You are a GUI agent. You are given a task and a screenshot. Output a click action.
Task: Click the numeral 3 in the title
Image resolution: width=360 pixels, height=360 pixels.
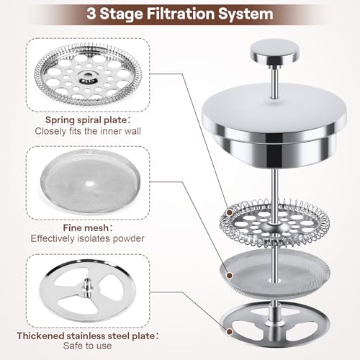point(91,14)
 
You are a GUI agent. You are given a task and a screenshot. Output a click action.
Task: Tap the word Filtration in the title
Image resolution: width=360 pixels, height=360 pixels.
point(180,14)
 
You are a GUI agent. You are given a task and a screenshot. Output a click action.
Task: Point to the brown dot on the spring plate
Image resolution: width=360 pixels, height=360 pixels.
point(230,212)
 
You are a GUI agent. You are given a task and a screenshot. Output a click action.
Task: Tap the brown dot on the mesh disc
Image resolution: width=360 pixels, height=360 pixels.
point(230,275)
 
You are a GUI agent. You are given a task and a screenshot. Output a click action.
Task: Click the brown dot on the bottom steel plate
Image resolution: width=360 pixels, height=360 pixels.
point(230,332)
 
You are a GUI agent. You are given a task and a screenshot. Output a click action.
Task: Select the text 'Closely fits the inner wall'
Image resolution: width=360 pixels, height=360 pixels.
point(88,131)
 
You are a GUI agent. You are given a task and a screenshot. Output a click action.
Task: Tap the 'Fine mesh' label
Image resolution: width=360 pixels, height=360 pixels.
point(87,228)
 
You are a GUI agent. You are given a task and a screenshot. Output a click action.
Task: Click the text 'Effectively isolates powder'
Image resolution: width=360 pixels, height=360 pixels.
point(87,238)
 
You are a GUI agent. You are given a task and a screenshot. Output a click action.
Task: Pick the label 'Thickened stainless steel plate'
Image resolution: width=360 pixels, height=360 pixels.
point(87,336)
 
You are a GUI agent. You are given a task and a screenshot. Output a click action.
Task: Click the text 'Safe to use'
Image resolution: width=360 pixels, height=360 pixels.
point(87,346)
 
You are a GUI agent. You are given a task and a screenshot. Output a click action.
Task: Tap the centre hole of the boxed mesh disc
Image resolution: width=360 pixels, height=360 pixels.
point(90,184)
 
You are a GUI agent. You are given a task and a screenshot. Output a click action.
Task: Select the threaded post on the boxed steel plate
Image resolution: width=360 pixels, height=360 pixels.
point(87,286)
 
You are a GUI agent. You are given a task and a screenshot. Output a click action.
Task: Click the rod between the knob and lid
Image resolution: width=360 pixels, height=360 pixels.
point(275,81)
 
